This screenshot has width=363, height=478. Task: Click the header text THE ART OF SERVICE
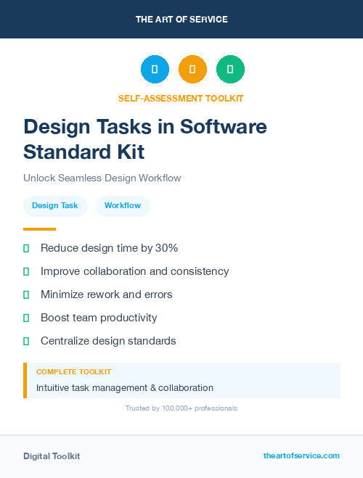click(x=181, y=20)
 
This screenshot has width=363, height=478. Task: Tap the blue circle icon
click(x=155, y=70)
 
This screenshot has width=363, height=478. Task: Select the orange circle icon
click(x=192, y=70)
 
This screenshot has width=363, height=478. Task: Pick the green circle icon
click(x=230, y=70)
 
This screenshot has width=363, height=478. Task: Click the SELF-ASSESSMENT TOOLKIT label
click(x=181, y=98)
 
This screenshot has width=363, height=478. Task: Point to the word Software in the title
click(x=224, y=126)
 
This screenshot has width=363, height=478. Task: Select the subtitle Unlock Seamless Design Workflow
click(x=102, y=178)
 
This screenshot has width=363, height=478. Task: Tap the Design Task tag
click(x=55, y=206)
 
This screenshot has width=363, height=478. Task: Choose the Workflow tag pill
click(x=123, y=206)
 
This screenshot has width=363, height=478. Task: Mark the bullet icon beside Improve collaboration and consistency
click(x=26, y=271)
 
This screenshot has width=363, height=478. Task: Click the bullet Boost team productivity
click(x=99, y=318)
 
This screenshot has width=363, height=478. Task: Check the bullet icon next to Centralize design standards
click(x=26, y=341)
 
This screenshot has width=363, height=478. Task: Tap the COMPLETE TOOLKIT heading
click(x=73, y=371)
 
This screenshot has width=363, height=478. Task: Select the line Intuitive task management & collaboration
click(x=125, y=388)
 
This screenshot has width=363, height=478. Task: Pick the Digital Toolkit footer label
click(x=52, y=456)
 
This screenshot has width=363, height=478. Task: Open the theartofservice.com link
click(x=301, y=456)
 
